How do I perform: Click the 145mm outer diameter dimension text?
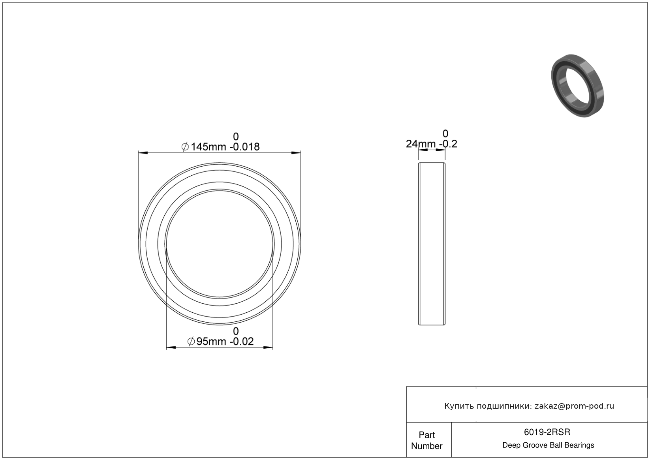pyautogui.click(x=208, y=147)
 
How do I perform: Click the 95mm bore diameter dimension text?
pyautogui.click(x=210, y=342)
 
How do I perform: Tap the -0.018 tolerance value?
pyautogui.click(x=244, y=147)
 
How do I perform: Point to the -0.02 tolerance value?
pyautogui.click(x=241, y=342)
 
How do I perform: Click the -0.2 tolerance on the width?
pyautogui.click(x=448, y=144)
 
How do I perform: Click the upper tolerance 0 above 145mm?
pyautogui.click(x=236, y=136)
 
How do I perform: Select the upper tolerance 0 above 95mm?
pyautogui.click(x=236, y=331)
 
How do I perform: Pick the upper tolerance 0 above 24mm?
pyautogui.click(x=445, y=133)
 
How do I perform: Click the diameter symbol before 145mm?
pyautogui.click(x=185, y=147)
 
